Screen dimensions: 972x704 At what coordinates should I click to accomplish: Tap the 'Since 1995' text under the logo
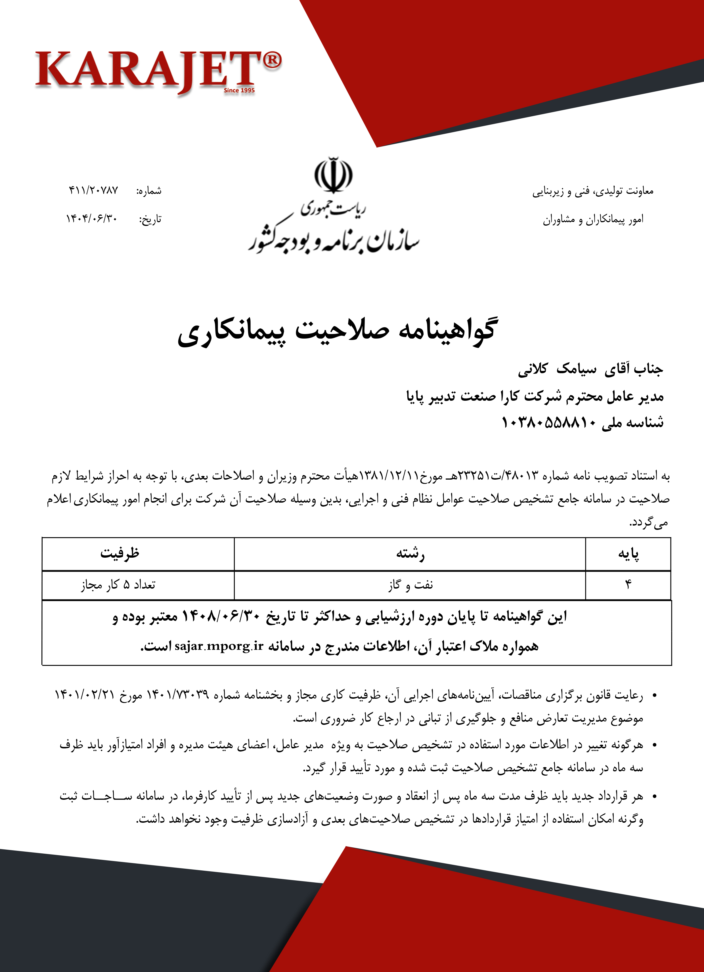[x=239, y=91]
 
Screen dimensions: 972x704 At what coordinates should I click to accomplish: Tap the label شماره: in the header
[x=149, y=191]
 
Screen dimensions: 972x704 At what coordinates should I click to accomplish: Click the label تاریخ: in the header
[x=150, y=219]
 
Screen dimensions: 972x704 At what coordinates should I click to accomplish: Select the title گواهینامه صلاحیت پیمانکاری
[x=337, y=331]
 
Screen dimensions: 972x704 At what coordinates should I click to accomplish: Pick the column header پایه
[x=628, y=554]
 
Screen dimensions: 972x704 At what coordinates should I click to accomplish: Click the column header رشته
[x=410, y=554]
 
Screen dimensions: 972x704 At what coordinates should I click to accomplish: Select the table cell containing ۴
[x=628, y=585]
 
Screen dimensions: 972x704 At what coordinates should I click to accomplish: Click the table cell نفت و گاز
[x=410, y=585]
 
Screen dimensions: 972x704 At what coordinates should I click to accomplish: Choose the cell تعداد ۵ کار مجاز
[x=118, y=585]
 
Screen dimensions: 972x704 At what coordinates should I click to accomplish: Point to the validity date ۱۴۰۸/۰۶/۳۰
[x=221, y=617]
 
